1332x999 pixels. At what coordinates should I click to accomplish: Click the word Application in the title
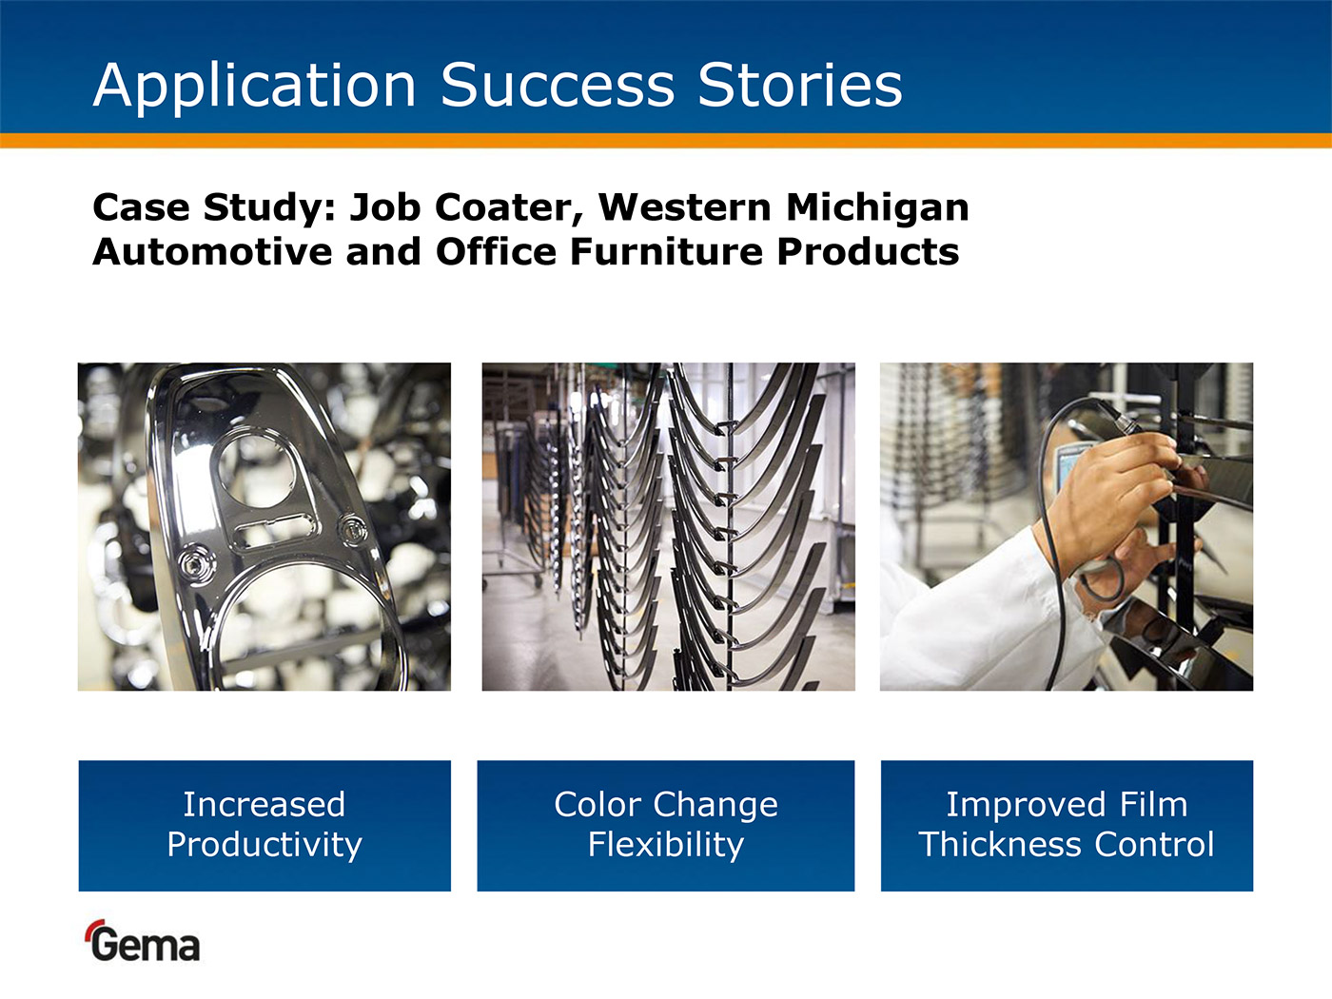255,87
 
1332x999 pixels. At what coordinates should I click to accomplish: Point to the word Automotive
212,252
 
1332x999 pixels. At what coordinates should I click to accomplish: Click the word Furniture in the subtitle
666,252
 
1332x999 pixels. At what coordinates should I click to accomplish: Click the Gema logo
143,941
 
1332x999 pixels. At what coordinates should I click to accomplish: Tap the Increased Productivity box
264,826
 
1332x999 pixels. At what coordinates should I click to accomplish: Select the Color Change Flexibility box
666,826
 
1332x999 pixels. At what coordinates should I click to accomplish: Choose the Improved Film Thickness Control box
1067,826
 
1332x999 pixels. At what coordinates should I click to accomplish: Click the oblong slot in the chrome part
274,530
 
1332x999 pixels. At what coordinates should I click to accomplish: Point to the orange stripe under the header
666,140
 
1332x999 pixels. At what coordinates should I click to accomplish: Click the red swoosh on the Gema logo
94,928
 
